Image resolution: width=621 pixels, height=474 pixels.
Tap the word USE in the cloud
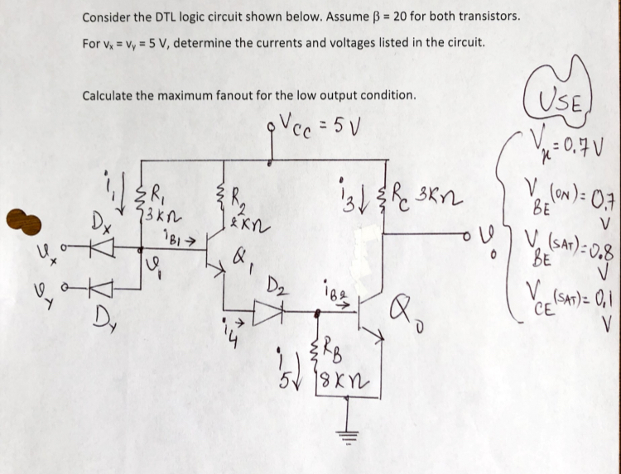click(569, 104)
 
